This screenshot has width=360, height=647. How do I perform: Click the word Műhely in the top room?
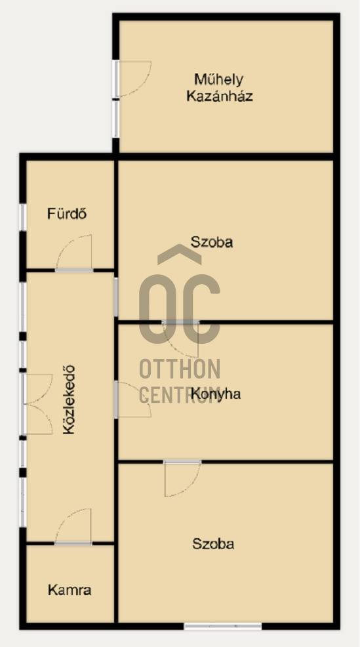pyautogui.click(x=218, y=79)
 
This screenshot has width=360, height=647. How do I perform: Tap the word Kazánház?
pyautogui.click(x=220, y=96)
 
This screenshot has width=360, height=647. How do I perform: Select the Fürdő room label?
pyautogui.click(x=67, y=214)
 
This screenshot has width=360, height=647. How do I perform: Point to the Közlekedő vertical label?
pyautogui.click(x=69, y=400)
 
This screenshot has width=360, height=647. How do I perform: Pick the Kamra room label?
pyautogui.click(x=70, y=590)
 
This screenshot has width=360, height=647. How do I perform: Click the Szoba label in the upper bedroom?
pyautogui.click(x=212, y=241)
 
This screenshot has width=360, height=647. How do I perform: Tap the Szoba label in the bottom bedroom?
pyautogui.click(x=213, y=544)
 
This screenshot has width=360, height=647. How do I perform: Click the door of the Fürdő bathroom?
pyautogui.click(x=74, y=253)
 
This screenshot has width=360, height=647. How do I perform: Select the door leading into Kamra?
pyautogui.click(x=73, y=526)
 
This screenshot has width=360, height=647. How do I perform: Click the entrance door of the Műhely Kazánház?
pyautogui.click(x=132, y=79)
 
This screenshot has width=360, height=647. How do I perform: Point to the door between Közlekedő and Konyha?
pyautogui.click(x=132, y=400)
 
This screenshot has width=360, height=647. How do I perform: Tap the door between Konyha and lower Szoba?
pyautogui.click(x=183, y=478)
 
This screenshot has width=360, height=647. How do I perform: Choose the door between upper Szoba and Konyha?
pyautogui.click(x=180, y=339)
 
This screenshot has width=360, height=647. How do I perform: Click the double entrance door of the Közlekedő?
pyautogui.click(x=37, y=404)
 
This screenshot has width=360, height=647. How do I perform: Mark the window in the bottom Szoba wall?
pyautogui.click(x=223, y=626)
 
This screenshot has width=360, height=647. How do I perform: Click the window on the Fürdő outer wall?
pyautogui.click(x=23, y=217)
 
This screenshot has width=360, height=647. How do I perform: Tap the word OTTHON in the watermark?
pyautogui.click(x=180, y=369)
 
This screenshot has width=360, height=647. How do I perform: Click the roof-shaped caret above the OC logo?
pyautogui.click(x=180, y=254)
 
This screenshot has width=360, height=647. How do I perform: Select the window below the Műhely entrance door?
pyautogui.click(x=116, y=119)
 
